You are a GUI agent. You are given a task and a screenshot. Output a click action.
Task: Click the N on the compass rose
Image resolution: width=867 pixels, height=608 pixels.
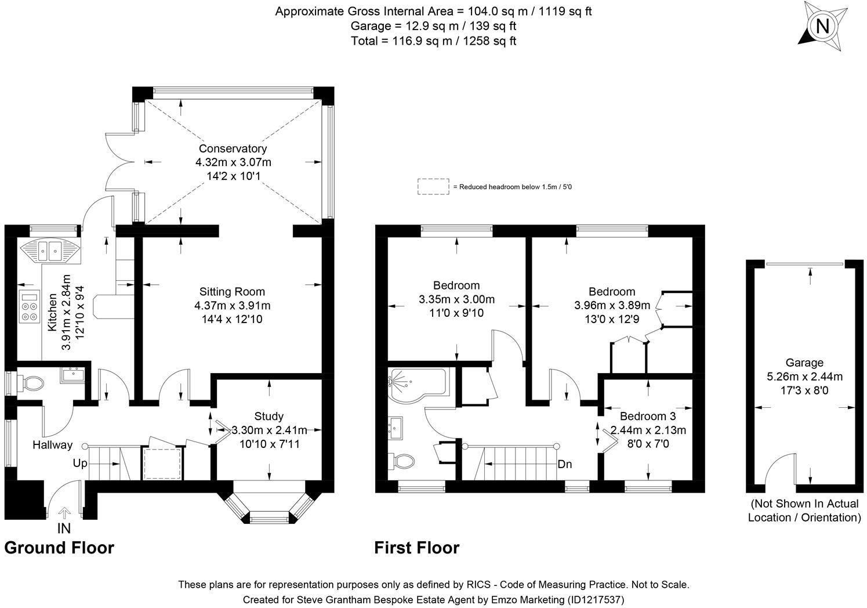point(822,26)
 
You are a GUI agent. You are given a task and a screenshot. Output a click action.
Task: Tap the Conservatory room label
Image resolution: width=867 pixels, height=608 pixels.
point(233,149)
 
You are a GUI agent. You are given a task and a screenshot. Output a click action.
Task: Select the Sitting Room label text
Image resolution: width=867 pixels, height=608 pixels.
point(232,291)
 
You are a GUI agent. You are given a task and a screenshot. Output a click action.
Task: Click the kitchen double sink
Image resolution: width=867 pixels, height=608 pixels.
point(49,250)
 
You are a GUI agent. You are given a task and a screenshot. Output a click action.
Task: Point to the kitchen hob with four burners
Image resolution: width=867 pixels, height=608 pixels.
point(30,306)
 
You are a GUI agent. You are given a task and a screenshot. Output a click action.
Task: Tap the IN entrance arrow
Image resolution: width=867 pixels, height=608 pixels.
point(64,513)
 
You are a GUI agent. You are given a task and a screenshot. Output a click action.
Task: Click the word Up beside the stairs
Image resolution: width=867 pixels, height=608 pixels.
point(80,463)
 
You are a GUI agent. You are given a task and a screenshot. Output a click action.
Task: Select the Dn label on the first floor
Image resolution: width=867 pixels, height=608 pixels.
point(565,464)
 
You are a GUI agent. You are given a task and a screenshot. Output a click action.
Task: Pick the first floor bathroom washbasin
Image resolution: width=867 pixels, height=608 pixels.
point(395,428)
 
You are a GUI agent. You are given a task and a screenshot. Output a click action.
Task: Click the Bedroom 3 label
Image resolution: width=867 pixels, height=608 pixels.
point(648,416)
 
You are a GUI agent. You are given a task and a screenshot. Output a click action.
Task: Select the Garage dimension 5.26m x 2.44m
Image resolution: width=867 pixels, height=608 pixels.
point(805,376)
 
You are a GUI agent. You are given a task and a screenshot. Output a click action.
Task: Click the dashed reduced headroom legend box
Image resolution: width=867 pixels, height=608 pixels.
point(434,187)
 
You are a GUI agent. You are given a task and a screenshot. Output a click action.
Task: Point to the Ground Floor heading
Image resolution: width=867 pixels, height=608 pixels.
point(59,548)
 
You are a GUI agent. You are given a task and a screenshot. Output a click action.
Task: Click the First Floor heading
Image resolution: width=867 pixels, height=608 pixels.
point(417,548)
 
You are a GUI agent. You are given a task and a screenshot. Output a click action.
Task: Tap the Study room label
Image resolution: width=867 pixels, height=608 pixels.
point(269,416)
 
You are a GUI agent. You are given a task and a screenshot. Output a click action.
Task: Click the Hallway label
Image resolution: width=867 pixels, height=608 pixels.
point(53,445)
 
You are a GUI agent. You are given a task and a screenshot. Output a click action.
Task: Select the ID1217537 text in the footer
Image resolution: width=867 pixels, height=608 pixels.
point(596,599)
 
